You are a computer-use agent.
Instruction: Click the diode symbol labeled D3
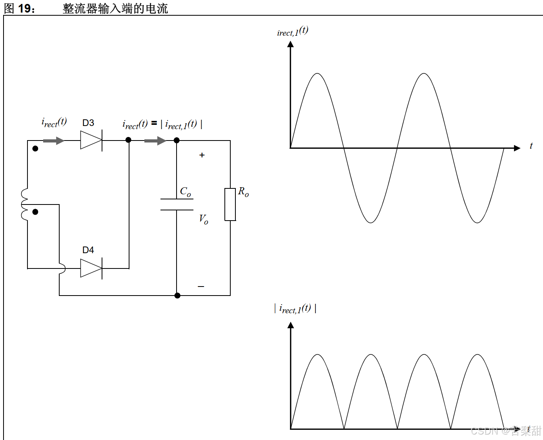(91, 140)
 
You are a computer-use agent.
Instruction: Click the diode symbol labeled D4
(91, 268)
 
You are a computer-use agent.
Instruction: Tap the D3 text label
(88, 123)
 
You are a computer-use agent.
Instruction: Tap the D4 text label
(88, 250)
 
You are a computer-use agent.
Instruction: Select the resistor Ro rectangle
(230, 204)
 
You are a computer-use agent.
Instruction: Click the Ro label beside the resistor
(244, 192)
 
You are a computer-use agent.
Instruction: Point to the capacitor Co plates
(177, 204)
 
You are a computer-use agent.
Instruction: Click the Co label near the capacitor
(186, 192)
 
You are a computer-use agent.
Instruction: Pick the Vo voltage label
(204, 219)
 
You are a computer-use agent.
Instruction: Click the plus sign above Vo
(202, 155)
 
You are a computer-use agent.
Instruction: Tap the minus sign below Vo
(201, 287)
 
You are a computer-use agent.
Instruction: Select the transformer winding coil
(24, 204)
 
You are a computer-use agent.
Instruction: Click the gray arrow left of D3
(54, 141)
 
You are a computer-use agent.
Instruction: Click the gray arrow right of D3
(155, 141)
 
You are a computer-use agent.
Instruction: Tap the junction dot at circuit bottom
(177, 296)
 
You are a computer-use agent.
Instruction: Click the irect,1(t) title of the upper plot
(293, 31)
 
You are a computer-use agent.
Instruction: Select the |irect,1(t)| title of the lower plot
(295, 309)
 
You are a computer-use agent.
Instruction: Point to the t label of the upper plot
(531, 146)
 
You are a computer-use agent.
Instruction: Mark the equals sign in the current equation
(154, 123)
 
